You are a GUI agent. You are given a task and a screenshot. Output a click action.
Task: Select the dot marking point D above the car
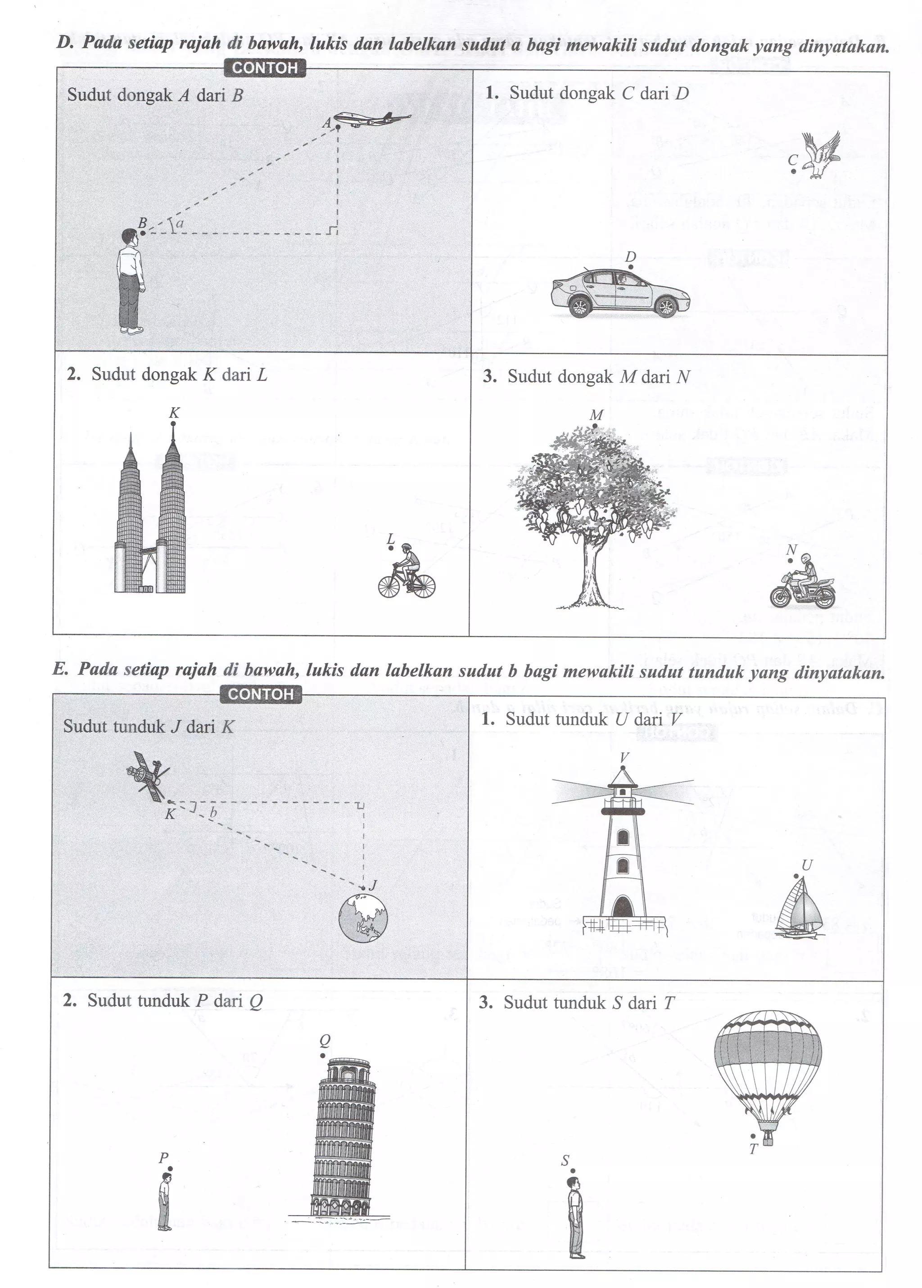tap(631, 267)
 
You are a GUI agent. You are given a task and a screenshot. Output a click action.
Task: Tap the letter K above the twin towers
tap(174, 413)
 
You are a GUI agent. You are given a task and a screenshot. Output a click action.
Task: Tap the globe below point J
tap(363, 918)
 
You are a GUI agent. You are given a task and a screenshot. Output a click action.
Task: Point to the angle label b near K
tap(213, 812)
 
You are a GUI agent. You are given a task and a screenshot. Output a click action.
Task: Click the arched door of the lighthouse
tap(622, 906)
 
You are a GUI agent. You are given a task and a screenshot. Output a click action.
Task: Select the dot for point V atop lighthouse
tap(623, 768)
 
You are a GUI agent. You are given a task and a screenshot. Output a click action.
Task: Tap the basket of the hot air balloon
tap(768, 1138)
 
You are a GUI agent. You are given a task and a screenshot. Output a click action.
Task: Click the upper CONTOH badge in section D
tap(265, 68)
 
